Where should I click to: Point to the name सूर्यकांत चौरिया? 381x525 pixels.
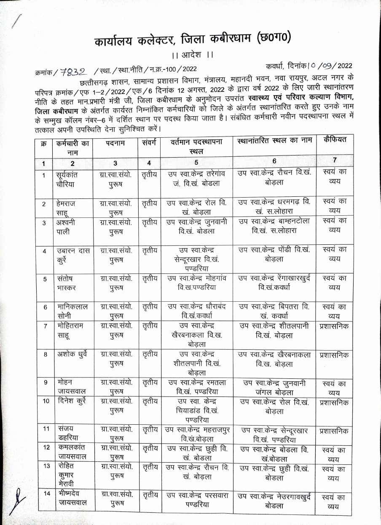pos(67,179)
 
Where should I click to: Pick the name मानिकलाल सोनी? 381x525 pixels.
pos(72,311)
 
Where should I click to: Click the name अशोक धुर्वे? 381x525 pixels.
pos(72,354)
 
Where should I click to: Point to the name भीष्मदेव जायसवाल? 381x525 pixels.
pos(72,498)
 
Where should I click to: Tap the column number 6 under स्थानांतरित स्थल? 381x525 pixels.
pos(274,161)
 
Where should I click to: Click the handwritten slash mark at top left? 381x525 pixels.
pos(16,21)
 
